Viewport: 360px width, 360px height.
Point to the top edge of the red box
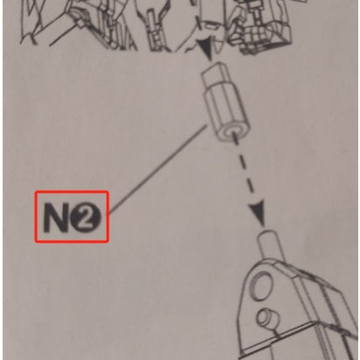click(72, 192)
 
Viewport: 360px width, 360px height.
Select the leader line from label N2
click(158, 170)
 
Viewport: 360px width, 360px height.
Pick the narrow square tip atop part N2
click(215, 75)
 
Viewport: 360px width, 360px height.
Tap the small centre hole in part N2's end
click(233, 132)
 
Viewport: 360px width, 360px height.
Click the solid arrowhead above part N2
click(208, 48)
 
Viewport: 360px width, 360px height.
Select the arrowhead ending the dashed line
click(258, 213)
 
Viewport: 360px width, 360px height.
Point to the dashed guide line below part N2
click(244, 168)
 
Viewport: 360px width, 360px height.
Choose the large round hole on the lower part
click(262, 286)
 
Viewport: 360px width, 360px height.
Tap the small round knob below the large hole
click(267, 319)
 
